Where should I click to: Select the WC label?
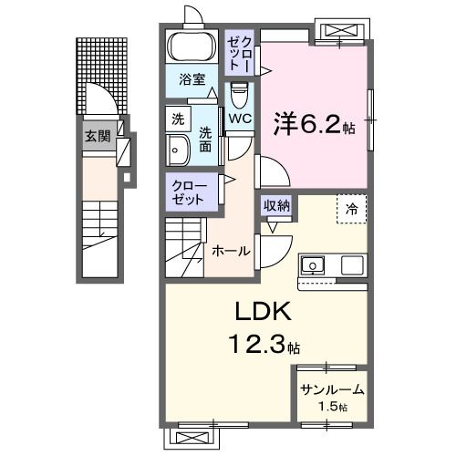pos(240,119)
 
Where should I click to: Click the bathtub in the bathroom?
pos(191,46)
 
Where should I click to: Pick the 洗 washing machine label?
pos(178,118)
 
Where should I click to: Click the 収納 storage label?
pos(277,206)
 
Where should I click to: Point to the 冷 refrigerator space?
pos(352,209)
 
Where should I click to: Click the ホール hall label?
pos(232,250)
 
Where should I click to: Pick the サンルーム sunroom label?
pos(332,389)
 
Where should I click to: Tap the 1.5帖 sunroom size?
pos(332,406)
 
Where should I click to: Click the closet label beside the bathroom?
pos(241,52)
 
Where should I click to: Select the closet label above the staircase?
pos(191,192)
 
